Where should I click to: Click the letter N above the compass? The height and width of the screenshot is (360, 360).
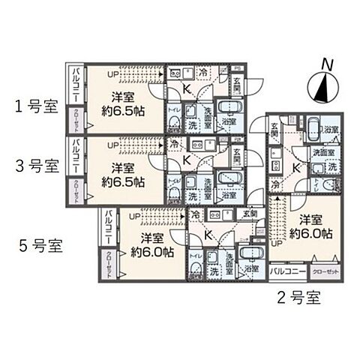click(324, 66)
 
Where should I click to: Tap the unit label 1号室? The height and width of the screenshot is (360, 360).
click(34, 106)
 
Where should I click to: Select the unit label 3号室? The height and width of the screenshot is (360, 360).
click(34, 166)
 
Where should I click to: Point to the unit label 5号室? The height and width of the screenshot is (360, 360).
click(38, 244)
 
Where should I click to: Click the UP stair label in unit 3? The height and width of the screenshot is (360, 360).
click(113, 145)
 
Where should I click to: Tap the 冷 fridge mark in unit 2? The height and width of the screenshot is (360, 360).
click(277, 184)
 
